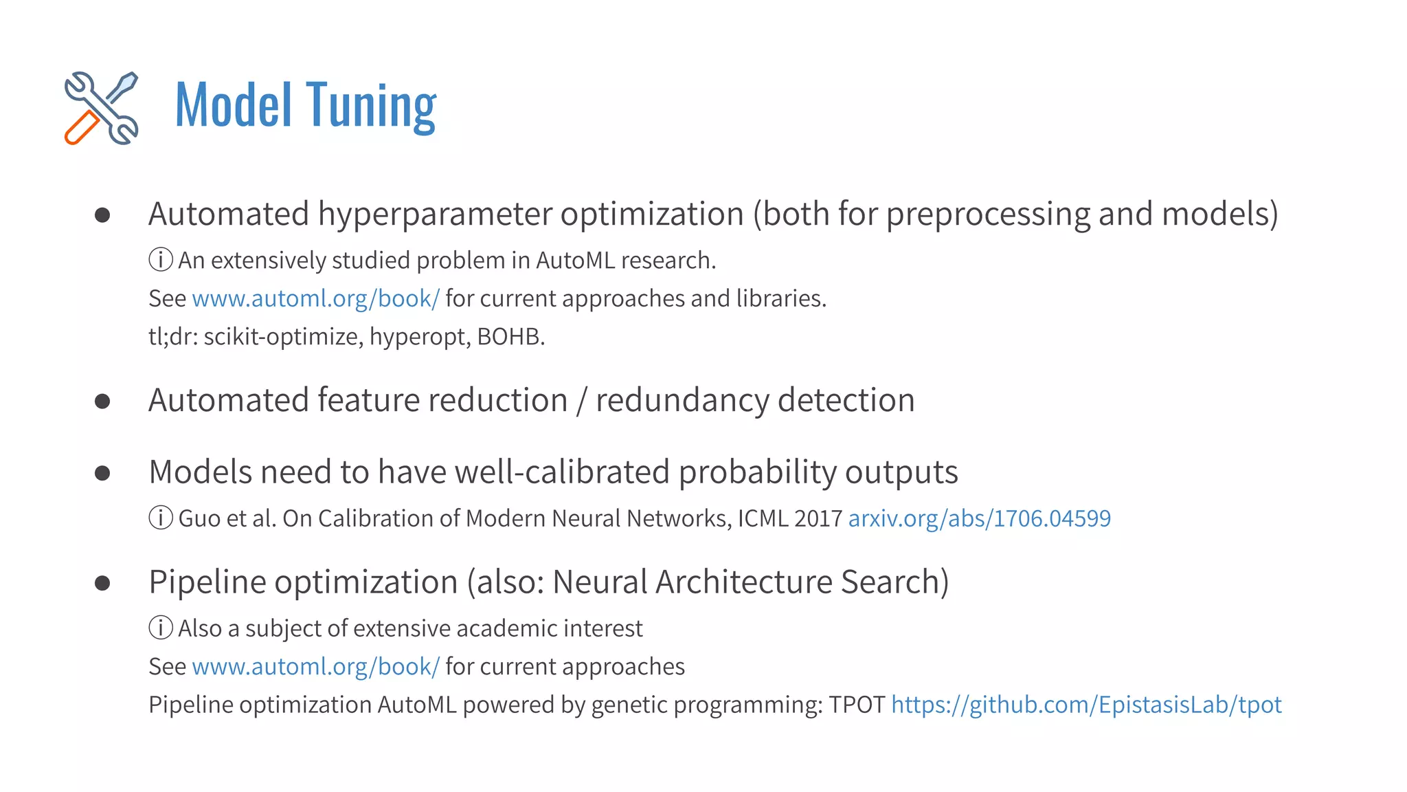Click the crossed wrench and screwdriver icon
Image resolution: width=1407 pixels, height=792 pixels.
[x=102, y=108]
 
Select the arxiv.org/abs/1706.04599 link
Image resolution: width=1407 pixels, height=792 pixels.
[x=979, y=518]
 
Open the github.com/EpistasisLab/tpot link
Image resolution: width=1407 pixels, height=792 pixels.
[x=1086, y=705]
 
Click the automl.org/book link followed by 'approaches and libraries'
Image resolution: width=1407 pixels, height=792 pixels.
[x=315, y=299]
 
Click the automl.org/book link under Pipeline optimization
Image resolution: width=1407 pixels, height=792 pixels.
[x=315, y=667]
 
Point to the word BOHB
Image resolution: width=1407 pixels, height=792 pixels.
[x=509, y=337]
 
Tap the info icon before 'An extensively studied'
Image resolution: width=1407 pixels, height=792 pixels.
[x=161, y=261]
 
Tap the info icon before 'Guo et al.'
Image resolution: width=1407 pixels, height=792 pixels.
[x=161, y=518]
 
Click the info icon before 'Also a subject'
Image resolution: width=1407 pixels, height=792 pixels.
[x=161, y=628]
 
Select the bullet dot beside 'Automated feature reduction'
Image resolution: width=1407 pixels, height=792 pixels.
[x=102, y=401]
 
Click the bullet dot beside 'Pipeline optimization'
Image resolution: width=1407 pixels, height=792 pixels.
[x=102, y=584]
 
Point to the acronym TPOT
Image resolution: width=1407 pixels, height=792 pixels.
[x=857, y=705]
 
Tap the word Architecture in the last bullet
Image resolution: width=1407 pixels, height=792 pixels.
[x=744, y=582]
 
